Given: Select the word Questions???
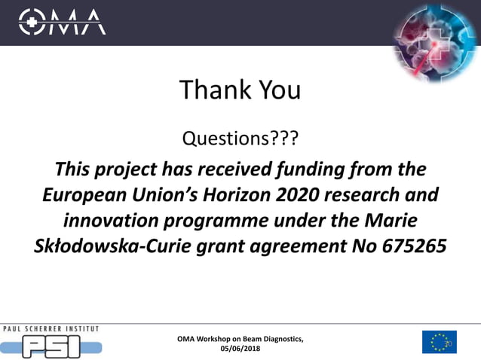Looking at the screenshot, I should point(240,139).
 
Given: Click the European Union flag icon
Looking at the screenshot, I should point(439,341).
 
